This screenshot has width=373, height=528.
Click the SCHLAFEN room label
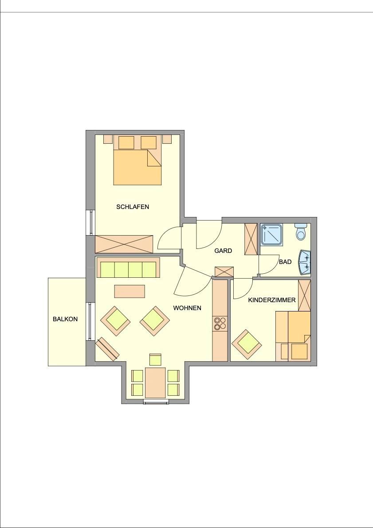[133, 207]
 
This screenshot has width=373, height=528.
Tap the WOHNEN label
[187, 308]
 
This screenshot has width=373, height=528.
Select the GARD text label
[223, 251]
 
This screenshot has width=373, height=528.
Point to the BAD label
[285, 262]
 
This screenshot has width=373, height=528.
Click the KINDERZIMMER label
[272, 299]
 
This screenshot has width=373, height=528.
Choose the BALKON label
[65, 319]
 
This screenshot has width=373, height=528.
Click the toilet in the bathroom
[301, 231]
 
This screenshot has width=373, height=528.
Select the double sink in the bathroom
[305, 263]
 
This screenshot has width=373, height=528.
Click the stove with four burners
[220, 323]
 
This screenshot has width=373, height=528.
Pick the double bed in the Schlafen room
[137, 160]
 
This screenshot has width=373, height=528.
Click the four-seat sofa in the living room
[128, 268]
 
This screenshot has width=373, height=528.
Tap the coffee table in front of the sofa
[130, 291]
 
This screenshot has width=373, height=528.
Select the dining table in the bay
[155, 382]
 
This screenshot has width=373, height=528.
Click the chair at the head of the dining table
[155, 360]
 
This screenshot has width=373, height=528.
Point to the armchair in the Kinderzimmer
[247, 344]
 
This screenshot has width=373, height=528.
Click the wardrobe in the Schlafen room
[124, 244]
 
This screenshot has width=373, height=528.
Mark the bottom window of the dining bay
[156, 402]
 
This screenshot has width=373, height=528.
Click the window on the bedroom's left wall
[90, 222]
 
